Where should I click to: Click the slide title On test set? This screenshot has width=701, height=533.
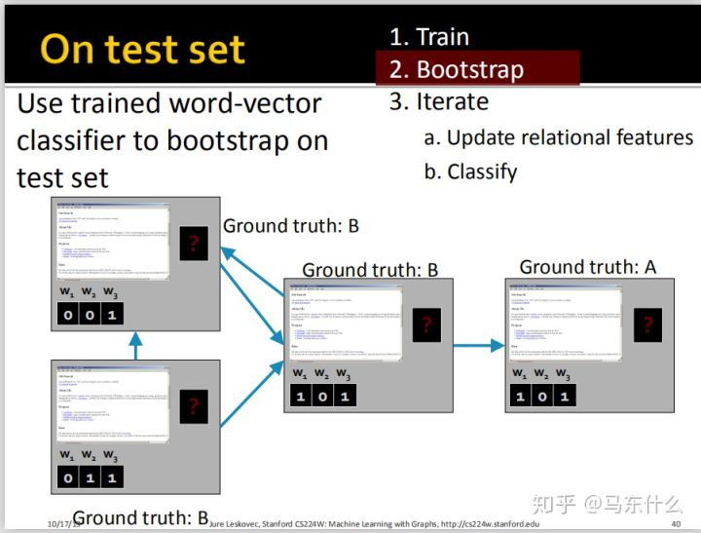[143, 50]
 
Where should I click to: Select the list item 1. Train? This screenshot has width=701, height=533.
[429, 37]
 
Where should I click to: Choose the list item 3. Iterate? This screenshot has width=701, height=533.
[439, 101]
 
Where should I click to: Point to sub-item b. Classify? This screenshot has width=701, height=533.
[471, 171]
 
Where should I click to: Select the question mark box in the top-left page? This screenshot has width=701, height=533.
[193, 243]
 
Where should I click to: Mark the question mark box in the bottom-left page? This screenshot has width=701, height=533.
[193, 406]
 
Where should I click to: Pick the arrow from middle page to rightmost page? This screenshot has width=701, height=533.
[478, 345]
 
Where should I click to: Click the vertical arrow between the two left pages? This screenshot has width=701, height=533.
[136, 347]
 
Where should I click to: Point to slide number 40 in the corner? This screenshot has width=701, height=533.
[676, 524]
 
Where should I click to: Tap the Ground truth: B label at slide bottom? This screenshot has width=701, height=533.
[141, 516]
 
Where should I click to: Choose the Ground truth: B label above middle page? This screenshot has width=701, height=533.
[370, 269]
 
